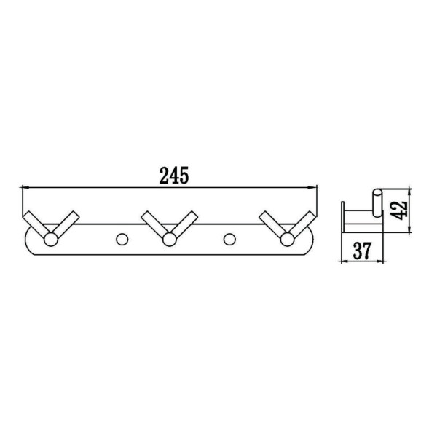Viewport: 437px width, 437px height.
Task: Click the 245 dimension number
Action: pyautogui.click(x=174, y=176)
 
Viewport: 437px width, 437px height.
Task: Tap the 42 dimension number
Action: pyautogui.click(x=399, y=210)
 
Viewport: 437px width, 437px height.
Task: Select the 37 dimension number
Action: pyautogui.click(x=363, y=251)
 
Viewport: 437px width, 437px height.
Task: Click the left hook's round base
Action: pyautogui.click(x=51, y=240)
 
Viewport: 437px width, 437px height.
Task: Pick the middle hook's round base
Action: pyautogui.click(x=169, y=240)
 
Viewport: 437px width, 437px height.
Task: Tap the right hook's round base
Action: pyautogui.click(x=288, y=240)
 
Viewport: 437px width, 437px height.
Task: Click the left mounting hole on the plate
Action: pyautogui.click(x=122, y=239)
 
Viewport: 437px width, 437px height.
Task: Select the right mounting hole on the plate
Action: pyautogui.click(x=229, y=239)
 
